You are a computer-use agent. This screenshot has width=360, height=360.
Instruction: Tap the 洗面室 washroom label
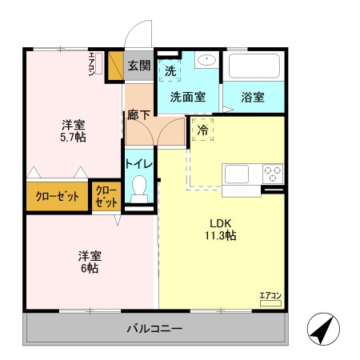[x=187, y=97]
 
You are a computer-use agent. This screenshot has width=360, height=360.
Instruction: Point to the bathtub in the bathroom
[x=254, y=66]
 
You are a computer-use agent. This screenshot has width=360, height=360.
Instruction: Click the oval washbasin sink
[x=206, y=59]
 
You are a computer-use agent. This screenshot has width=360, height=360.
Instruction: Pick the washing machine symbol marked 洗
[x=170, y=70]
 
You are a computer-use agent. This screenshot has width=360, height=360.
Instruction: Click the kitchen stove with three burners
[x=273, y=173]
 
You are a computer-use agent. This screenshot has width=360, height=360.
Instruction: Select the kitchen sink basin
[x=238, y=173]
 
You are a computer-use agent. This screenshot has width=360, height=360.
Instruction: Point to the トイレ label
[x=138, y=163]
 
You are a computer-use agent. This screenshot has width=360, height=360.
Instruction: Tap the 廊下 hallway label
[x=138, y=114]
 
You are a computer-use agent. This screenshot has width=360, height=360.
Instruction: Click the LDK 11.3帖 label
[x=222, y=229]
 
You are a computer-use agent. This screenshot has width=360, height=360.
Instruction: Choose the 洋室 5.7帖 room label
[x=74, y=131]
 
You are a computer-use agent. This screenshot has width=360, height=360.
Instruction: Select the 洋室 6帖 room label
[x=89, y=262]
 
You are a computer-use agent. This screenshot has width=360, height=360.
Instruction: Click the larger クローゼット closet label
[x=56, y=197]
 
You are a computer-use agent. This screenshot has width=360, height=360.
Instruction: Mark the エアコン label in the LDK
[x=269, y=296]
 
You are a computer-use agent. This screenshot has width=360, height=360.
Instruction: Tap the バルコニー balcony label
[x=155, y=329]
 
